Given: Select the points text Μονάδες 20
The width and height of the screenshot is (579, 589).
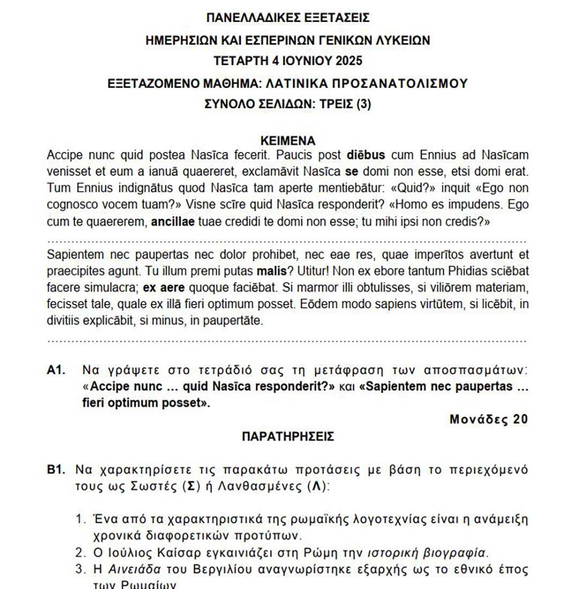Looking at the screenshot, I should tap(488, 419).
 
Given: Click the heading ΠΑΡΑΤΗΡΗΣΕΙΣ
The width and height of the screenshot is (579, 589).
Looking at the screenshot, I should tap(288, 437).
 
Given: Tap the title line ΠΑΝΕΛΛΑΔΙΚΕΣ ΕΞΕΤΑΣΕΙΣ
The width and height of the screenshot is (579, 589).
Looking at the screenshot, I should tap(288, 18).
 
